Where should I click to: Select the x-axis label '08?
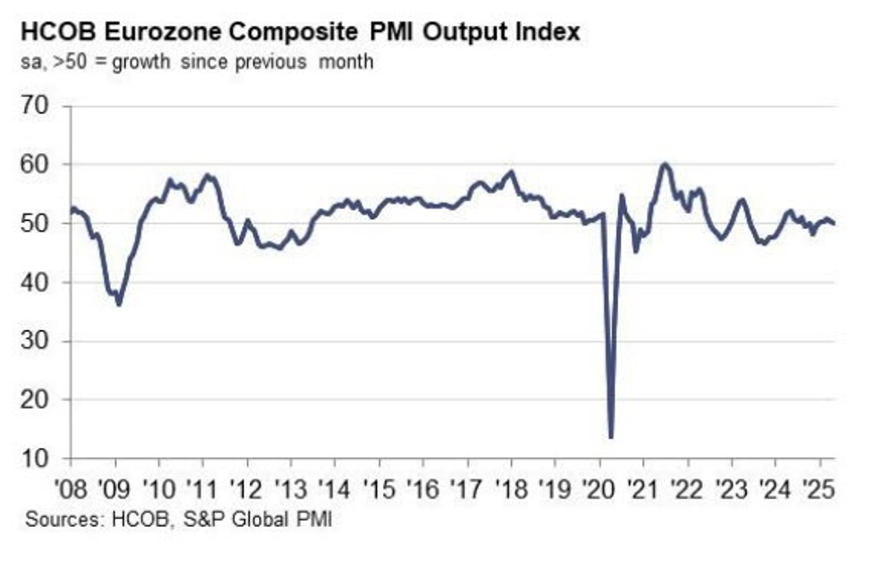(71, 491)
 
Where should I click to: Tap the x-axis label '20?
(599, 491)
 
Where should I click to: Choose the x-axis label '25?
(818, 491)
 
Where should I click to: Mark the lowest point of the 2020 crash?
(610, 437)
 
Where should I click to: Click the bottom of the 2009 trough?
(119, 305)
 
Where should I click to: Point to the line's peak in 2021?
(665, 165)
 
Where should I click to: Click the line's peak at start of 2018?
(511, 172)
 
